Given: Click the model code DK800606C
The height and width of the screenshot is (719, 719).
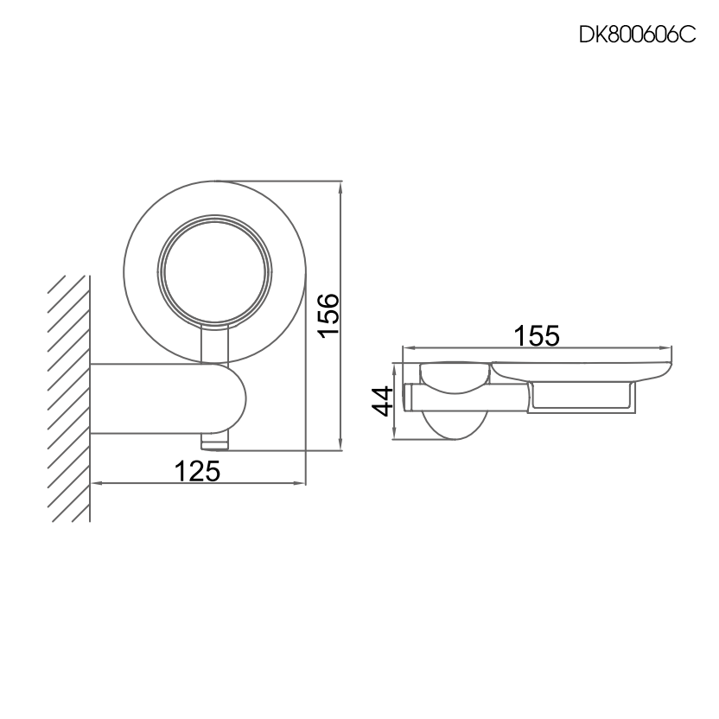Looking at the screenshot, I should pyautogui.click(x=637, y=36).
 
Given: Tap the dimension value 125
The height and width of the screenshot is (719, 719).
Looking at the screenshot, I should pyautogui.click(x=198, y=471).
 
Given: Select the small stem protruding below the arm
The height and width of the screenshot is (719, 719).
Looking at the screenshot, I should pyautogui.click(x=215, y=442).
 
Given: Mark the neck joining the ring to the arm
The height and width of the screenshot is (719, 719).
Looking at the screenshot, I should pyautogui.click(x=214, y=346).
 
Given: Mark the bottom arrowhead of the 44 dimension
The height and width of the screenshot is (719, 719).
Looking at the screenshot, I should pyautogui.click(x=395, y=434).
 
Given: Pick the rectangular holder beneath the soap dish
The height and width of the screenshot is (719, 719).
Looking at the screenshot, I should pyautogui.click(x=583, y=397).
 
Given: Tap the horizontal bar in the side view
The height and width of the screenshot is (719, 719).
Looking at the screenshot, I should pyautogui.click(x=467, y=397).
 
